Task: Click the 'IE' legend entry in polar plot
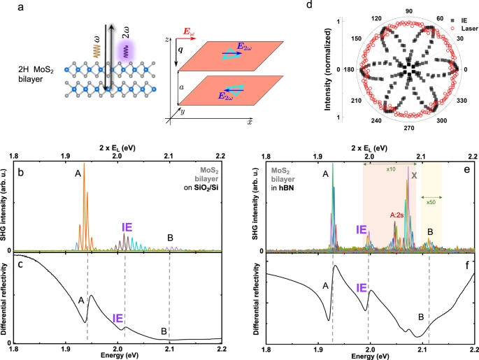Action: (x=452, y=20)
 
